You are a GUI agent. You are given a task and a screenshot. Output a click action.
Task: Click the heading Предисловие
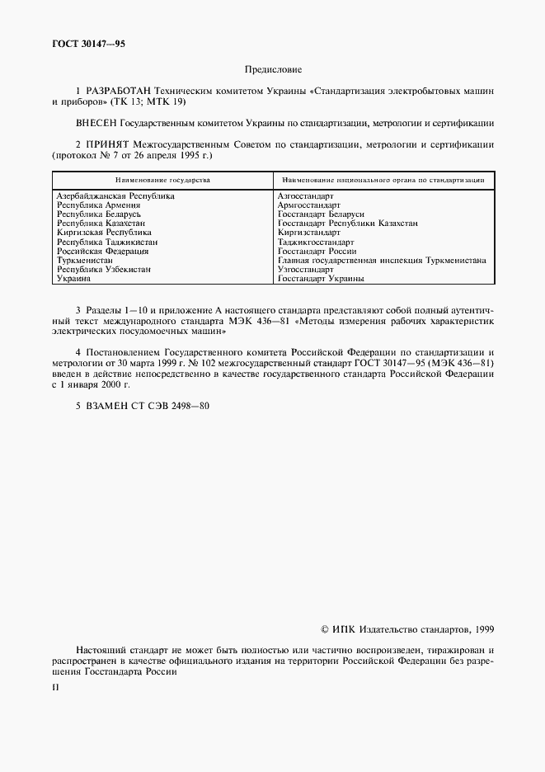click(273, 72)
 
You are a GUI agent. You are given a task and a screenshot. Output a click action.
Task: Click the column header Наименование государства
click(162, 179)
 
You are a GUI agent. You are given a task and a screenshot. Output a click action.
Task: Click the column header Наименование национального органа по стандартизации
click(383, 179)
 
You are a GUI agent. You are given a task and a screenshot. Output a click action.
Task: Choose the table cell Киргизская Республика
click(104, 233)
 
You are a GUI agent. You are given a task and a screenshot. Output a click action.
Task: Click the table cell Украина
click(73, 279)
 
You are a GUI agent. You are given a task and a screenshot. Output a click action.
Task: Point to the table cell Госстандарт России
click(317, 252)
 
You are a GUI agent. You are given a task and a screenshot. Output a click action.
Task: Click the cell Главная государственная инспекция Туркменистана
click(382, 261)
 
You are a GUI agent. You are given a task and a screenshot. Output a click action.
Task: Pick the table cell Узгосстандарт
click(306, 270)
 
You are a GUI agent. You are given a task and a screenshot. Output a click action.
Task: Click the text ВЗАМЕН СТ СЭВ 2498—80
click(142, 404)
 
